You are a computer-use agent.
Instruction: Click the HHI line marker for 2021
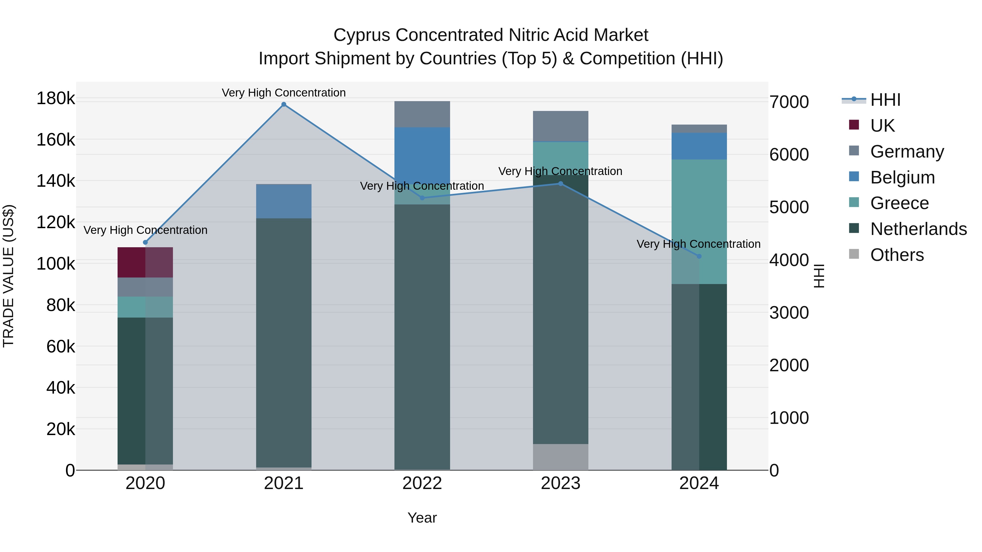[x=284, y=104]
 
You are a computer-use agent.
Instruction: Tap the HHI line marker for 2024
[x=699, y=257]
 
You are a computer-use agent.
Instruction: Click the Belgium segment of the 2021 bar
[x=284, y=201]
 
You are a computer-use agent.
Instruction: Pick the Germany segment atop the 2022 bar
[x=422, y=114]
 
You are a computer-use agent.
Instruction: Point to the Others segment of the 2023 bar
[x=560, y=457]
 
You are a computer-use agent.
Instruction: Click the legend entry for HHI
[x=885, y=100]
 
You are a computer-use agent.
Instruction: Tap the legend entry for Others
[x=897, y=255]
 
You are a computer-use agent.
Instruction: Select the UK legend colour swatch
[x=854, y=125]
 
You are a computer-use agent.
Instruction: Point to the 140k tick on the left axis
[x=56, y=181]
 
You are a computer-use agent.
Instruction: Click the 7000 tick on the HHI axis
[x=789, y=102]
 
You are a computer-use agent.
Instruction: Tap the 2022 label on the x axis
[x=422, y=483]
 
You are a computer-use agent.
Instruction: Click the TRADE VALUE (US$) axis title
[x=8, y=276]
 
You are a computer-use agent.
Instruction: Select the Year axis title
[x=422, y=518]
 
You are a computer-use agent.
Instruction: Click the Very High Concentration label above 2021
[x=284, y=93]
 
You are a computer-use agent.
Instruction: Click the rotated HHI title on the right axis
[x=818, y=276]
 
